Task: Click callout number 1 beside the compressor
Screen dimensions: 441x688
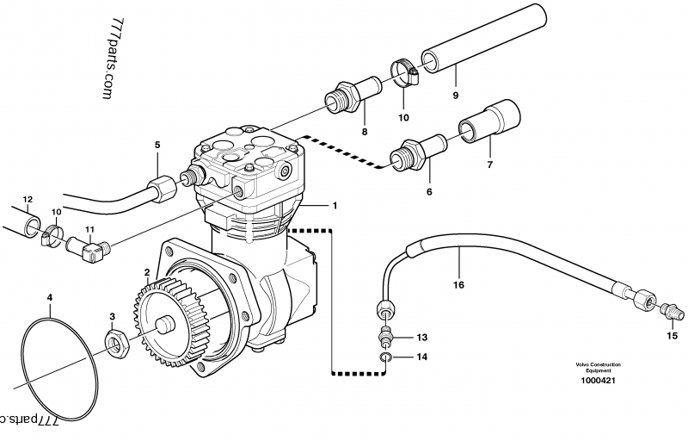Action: click(335, 206)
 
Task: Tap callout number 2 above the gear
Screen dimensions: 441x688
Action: click(148, 272)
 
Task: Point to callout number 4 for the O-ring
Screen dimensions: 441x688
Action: click(50, 298)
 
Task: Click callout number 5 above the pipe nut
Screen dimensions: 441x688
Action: click(157, 145)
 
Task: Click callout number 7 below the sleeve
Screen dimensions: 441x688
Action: click(489, 165)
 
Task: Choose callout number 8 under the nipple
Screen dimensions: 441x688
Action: click(364, 132)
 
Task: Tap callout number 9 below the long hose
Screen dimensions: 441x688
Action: click(456, 96)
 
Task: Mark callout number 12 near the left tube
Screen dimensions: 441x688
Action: click(27, 200)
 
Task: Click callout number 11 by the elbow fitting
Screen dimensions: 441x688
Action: click(89, 229)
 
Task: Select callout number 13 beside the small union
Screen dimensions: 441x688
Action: click(421, 337)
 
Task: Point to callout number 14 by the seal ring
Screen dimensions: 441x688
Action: click(421, 356)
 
